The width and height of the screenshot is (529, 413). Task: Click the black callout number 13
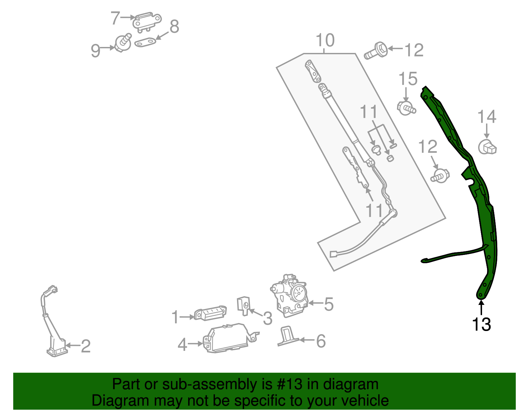[x=481, y=324]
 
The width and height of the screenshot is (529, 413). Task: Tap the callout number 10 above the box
[x=325, y=41]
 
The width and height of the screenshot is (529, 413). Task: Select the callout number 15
[x=408, y=79]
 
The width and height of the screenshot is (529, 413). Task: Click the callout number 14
[x=487, y=117]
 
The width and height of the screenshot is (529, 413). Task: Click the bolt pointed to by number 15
[x=406, y=107]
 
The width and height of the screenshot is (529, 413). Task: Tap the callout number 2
[x=86, y=346]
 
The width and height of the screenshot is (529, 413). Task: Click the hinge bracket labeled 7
[x=147, y=22]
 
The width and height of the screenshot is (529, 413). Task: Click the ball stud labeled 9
[x=123, y=43]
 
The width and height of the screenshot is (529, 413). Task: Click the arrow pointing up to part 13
[x=481, y=307]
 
